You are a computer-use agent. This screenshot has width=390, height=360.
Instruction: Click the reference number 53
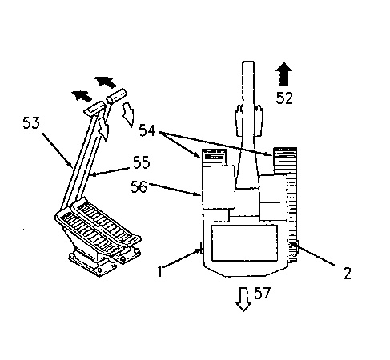coord(31,123)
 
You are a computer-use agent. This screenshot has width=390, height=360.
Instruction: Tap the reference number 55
coord(141,162)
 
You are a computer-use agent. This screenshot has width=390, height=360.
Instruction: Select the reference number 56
coord(139,186)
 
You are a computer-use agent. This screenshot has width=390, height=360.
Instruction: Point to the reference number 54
coord(147,130)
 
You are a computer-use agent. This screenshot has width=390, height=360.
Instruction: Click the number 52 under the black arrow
coord(284,98)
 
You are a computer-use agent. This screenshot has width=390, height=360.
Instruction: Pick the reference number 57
coord(262,293)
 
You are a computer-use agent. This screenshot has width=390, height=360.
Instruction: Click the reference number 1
coord(160,271)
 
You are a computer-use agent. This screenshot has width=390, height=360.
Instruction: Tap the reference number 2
coord(348,274)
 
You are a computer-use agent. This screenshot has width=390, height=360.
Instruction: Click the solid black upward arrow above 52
coord(284,74)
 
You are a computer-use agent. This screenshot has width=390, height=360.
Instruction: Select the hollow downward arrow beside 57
coord(243,299)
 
